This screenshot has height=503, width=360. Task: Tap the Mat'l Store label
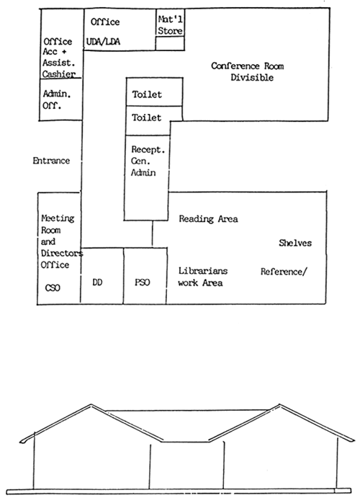[170, 25]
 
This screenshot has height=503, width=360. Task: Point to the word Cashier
[59, 74]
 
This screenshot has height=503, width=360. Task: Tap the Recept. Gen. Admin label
[148, 161]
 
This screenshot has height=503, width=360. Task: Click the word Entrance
[51, 161]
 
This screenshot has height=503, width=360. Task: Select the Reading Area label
[208, 219]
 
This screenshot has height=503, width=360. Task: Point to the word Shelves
[295, 243]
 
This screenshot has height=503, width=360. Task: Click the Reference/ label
[284, 272]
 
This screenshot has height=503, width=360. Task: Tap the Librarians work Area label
[203, 277]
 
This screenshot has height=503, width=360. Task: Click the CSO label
[52, 288]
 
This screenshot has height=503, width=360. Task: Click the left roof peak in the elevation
[91, 406]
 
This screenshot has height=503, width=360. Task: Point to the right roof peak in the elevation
[279, 406]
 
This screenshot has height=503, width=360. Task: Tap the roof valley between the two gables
[185, 442]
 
